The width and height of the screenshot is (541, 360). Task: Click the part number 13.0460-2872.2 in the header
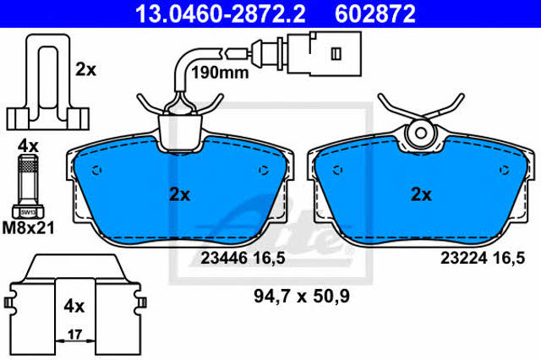(x=220, y=14)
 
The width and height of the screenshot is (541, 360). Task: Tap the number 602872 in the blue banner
(x=375, y=14)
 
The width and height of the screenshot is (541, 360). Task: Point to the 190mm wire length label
(x=220, y=73)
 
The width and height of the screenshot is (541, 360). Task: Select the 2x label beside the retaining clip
(x=85, y=69)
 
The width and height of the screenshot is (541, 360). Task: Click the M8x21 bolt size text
(x=28, y=228)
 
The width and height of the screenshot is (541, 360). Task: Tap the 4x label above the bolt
(x=28, y=146)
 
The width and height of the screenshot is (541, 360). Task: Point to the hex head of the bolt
(x=28, y=212)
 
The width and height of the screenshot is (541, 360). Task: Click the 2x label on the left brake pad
(x=179, y=195)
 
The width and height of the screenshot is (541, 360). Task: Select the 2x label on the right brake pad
(x=421, y=195)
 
